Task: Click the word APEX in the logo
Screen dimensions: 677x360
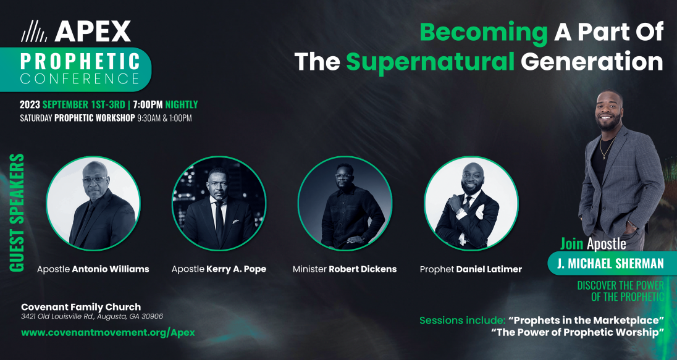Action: tap(93, 31)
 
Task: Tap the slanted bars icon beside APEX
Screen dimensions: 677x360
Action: tap(34, 31)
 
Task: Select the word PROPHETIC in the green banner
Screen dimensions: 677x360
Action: tap(80, 61)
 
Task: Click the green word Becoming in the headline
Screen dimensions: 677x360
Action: tap(484, 32)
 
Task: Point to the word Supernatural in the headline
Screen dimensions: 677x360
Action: tap(431, 62)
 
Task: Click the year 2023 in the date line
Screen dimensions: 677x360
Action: tap(30, 104)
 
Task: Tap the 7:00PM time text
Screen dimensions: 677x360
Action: tap(148, 104)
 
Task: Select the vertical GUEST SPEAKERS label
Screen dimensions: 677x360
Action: tap(17, 213)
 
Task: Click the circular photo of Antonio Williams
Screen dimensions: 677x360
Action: tap(93, 203)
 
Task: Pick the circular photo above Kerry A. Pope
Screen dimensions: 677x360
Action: tap(219, 203)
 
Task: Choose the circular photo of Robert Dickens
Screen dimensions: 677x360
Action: tap(345, 203)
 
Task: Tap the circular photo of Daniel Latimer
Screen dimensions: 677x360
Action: tap(471, 203)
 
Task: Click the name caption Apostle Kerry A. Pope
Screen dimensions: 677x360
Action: tap(219, 269)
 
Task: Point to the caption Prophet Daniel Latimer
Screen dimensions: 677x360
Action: tap(471, 269)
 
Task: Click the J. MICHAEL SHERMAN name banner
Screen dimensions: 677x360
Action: tap(610, 263)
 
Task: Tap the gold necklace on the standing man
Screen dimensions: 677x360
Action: tap(607, 148)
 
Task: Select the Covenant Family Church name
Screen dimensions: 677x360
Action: tap(81, 307)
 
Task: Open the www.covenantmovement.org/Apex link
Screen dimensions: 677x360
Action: tap(108, 332)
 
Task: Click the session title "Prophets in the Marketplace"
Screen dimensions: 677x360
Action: tap(586, 320)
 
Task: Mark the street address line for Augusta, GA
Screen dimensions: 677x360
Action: tap(92, 316)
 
